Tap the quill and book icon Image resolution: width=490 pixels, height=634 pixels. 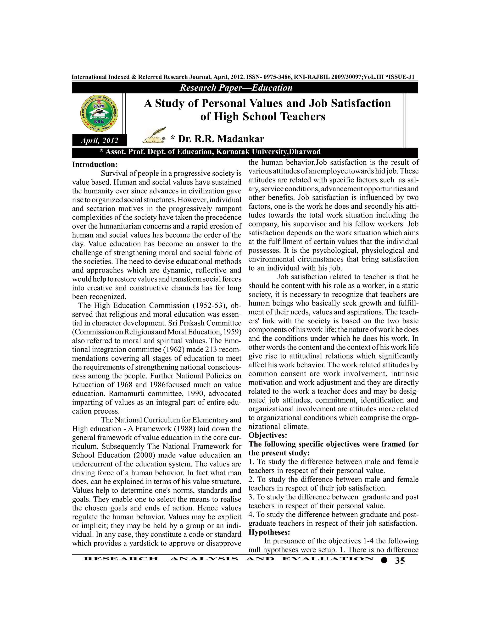point(154,135)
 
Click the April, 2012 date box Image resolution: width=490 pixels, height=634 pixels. point(99,140)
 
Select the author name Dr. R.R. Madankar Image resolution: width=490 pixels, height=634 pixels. point(221,139)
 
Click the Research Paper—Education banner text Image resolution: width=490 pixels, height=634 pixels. point(236,88)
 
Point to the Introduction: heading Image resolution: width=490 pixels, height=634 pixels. point(95,165)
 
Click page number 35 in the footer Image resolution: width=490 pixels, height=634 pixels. point(400,561)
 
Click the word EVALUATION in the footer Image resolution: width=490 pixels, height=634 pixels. point(328,559)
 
